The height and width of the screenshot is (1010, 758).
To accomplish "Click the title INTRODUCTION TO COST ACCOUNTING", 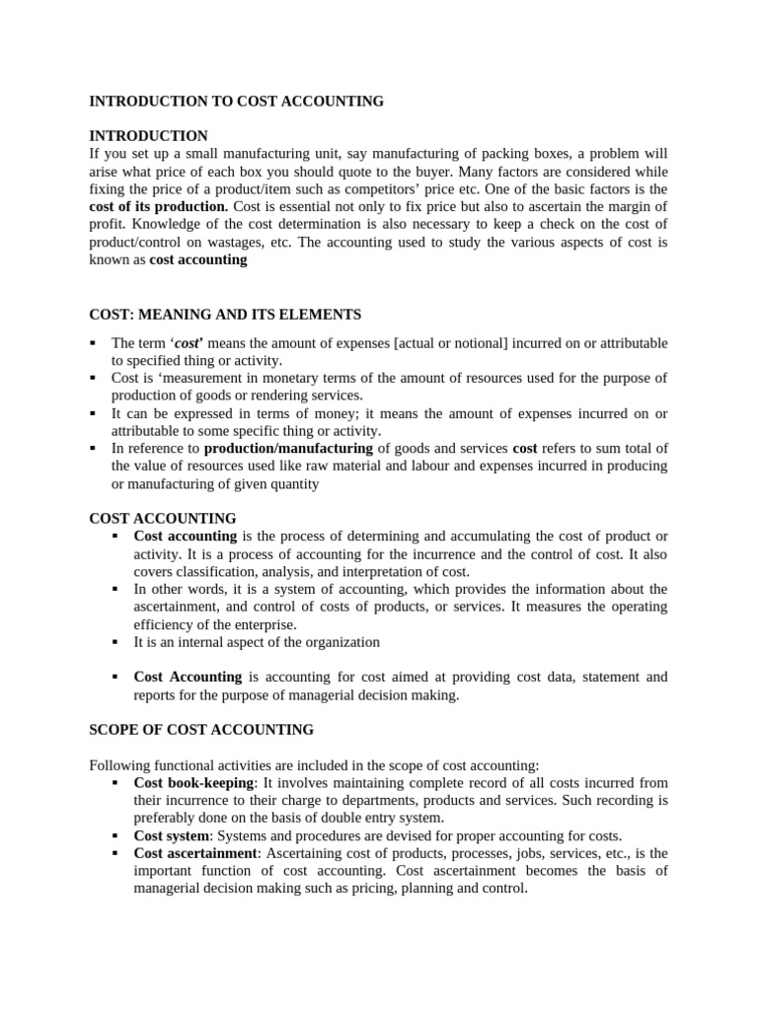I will click(x=236, y=102).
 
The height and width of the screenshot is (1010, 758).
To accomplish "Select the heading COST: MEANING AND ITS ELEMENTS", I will click(x=225, y=315).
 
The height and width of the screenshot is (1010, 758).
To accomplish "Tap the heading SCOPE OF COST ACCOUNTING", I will click(x=201, y=730).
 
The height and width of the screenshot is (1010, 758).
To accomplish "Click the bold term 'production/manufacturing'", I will click(x=288, y=449).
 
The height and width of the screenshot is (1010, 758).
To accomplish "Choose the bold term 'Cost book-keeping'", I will click(x=193, y=782).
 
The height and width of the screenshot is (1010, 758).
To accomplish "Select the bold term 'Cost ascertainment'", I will click(x=195, y=853).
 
